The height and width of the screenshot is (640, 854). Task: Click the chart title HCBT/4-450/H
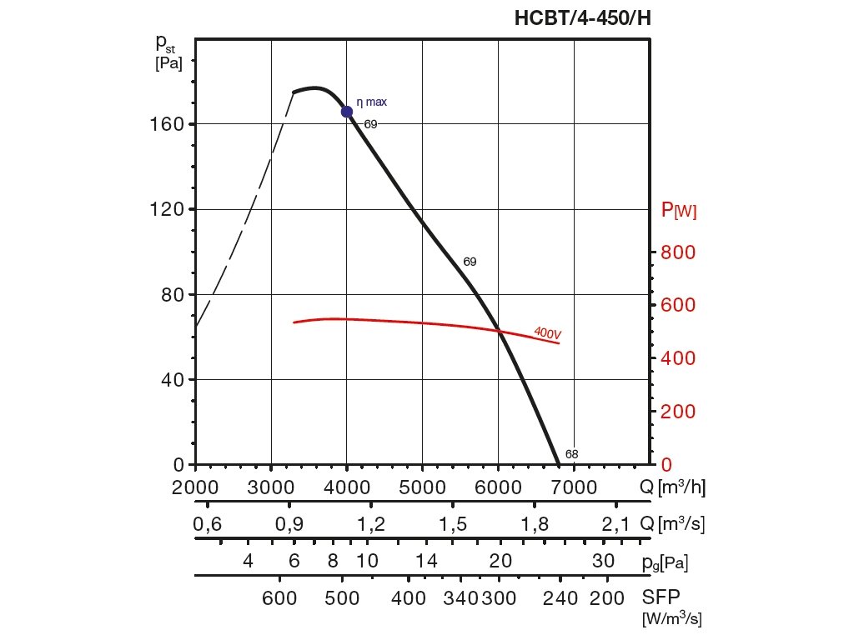click(582, 17)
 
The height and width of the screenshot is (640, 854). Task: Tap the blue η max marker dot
click(347, 112)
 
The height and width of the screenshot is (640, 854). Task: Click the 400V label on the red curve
click(547, 332)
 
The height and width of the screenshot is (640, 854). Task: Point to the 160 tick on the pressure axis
click(173, 124)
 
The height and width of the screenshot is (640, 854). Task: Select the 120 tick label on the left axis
click(173, 209)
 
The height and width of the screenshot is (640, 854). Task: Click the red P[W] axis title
click(678, 210)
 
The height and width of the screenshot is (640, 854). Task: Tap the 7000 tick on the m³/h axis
click(574, 487)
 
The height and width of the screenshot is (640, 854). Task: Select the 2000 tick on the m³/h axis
click(196, 487)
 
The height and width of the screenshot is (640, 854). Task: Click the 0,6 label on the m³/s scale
click(207, 524)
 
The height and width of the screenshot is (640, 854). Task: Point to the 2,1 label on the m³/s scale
click(615, 524)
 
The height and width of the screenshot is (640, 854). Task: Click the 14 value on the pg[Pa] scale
click(427, 561)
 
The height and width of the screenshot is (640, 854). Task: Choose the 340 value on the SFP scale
click(460, 597)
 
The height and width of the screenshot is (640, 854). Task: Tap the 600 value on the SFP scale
click(280, 597)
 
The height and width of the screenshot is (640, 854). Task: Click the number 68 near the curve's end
click(571, 454)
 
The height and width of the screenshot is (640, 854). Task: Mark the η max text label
click(372, 102)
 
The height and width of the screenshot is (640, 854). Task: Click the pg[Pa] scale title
click(665, 562)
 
